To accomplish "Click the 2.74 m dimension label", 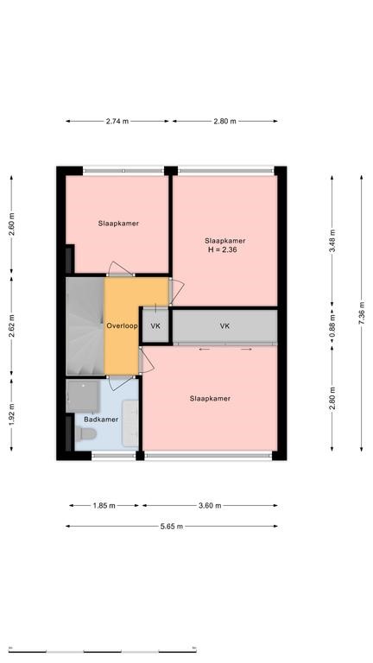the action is [x=117, y=122].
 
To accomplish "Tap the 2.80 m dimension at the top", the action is [x=224, y=122].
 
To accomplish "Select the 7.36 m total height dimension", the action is [x=362, y=313].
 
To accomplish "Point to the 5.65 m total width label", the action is [x=171, y=527].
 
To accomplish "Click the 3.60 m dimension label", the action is [x=210, y=505].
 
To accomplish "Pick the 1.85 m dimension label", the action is [x=104, y=505].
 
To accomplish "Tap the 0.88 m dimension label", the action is [x=332, y=326].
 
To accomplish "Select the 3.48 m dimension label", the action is [x=332, y=241].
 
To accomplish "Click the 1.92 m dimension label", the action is [x=11, y=414].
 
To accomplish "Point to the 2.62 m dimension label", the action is [x=11, y=326].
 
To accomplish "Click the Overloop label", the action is [x=122, y=326].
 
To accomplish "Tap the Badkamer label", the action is [x=101, y=420].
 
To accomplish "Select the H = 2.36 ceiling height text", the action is [x=223, y=249].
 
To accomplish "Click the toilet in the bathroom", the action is [x=85, y=433].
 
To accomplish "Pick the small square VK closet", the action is [x=155, y=326].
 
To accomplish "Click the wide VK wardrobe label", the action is [x=225, y=326].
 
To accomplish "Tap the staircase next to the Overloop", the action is [x=85, y=326].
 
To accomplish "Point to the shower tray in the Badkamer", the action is [x=83, y=395].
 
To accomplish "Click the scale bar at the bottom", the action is [x=103, y=651].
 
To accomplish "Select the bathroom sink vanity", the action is [x=130, y=423].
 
